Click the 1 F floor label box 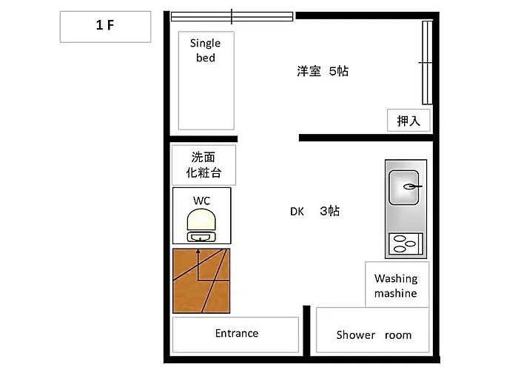pos(105,27)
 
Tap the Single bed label pos(206,50)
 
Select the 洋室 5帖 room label pos(323,71)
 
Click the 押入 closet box pos(408,120)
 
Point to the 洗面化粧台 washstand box pos(203,165)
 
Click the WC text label pos(201,201)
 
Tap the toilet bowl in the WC pos(201,220)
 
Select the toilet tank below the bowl pos(201,237)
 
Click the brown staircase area pos(201,280)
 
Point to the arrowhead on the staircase pos(198,252)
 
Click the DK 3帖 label pos(314,211)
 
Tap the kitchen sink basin pos(404,187)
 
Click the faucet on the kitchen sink pos(412,186)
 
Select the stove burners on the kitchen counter pos(406,243)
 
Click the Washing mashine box pos(397,284)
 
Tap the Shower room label pos(374,335)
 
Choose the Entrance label pos(237,333)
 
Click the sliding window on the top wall pos(232,16)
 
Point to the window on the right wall pos(427,63)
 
